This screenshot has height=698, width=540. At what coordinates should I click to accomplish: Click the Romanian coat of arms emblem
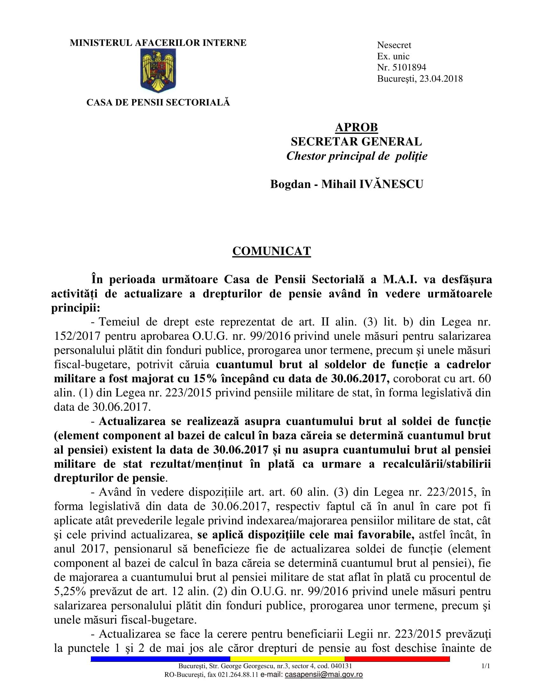click(x=158, y=71)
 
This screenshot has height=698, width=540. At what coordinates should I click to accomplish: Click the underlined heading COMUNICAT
click(x=271, y=251)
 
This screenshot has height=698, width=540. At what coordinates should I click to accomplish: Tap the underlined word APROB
click(x=356, y=127)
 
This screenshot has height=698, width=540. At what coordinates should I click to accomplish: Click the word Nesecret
click(x=394, y=45)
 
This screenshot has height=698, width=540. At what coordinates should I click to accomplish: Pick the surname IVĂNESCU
click(x=392, y=184)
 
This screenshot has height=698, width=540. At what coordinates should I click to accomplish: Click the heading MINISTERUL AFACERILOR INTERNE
click(x=158, y=43)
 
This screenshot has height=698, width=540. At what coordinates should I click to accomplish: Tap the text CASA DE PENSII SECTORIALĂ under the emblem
click(x=158, y=102)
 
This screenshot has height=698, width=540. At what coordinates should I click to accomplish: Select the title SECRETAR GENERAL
click(x=356, y=141)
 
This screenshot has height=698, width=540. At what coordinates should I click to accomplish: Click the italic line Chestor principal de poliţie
click(x=356, y=156)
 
